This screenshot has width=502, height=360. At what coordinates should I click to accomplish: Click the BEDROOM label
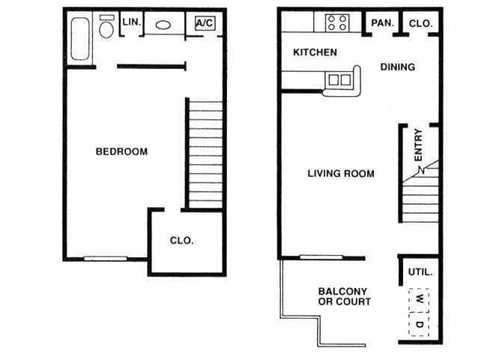121,151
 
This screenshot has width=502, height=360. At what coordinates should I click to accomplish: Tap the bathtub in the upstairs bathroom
80,38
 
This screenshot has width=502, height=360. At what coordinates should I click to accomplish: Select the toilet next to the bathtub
106,27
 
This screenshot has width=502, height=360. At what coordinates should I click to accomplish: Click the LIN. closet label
130,23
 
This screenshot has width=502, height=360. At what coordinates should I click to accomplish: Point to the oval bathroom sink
163,25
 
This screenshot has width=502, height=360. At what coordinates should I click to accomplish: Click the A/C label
205,23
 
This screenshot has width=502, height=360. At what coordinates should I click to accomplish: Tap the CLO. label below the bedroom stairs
181,241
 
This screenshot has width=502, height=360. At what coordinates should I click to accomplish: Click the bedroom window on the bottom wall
105,259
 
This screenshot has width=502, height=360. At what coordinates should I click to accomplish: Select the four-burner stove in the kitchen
336,22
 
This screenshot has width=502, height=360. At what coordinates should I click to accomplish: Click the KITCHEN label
315,52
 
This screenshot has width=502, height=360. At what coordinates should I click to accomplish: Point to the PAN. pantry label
381,23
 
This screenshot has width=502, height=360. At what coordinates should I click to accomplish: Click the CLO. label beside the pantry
420,23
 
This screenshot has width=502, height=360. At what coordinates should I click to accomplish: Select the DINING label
397,67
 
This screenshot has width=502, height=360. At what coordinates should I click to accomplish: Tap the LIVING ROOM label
341,173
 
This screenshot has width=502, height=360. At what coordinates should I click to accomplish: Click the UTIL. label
420,272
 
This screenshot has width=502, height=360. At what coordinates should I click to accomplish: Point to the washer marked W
420,298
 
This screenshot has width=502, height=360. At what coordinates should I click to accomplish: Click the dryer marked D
420,322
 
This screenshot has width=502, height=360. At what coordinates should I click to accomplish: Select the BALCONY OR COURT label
344,296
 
